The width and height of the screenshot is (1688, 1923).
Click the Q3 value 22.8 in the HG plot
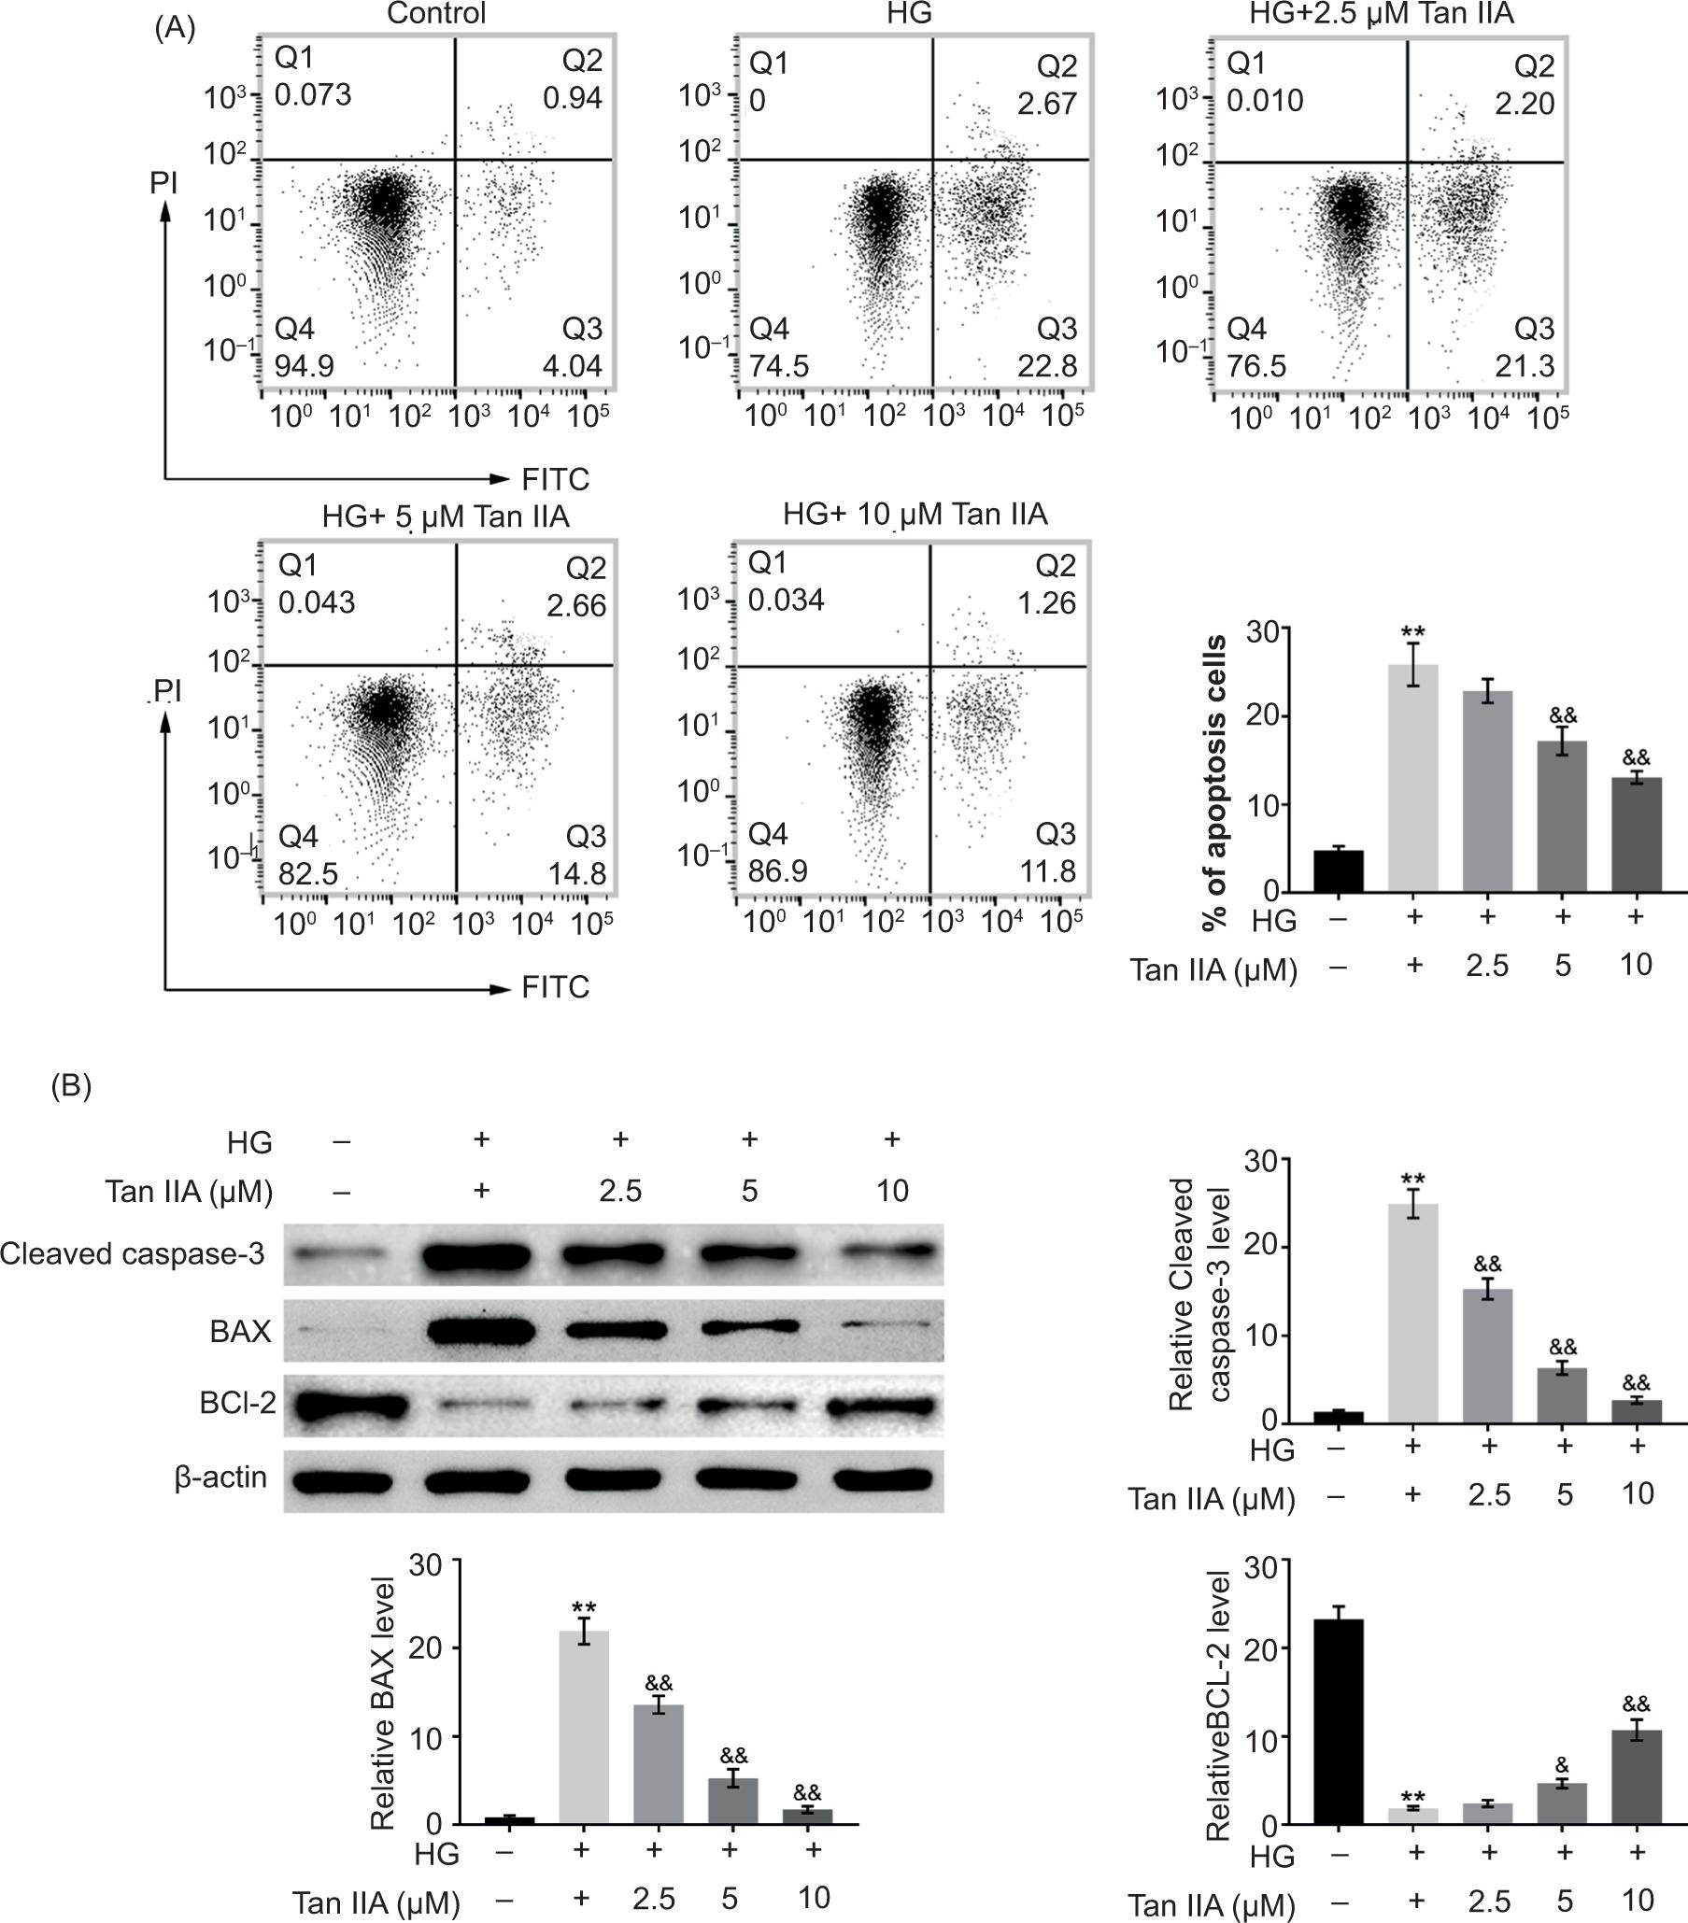coord(1046,365)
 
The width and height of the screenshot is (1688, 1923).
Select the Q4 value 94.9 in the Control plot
coord(304,365)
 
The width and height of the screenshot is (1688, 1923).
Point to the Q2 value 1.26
coord(1047,602)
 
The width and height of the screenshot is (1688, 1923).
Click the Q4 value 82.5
coord(307,874)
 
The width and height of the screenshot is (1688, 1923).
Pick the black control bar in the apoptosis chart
coord(1338,870)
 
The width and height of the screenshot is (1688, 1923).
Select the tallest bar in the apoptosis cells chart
coord(1412,777)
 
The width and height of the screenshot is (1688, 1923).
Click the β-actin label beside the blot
coord(221,1478)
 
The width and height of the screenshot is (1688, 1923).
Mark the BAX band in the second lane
coord(481,1331)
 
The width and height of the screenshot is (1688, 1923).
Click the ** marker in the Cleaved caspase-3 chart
coord(1412,1180)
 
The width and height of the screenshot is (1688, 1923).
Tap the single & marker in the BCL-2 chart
coord(1562,1765)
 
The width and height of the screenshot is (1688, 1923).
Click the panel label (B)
coord(72,1086)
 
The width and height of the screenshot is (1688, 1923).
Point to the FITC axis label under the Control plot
coord(555,480)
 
